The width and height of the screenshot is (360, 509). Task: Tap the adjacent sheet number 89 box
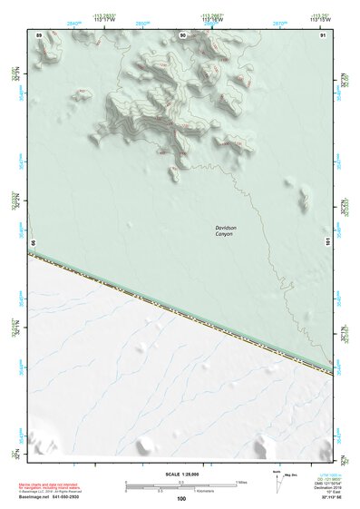(39, 34)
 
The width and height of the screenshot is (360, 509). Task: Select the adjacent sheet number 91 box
(323, 34)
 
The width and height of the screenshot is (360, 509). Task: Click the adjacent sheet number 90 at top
(183, 34)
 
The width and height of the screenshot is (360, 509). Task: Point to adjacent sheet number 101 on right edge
(328, 241)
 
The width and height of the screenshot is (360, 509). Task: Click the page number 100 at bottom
(181, 498)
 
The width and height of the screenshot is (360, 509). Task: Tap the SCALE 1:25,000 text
(180, 475)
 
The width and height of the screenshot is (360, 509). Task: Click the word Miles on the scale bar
(242, 481)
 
